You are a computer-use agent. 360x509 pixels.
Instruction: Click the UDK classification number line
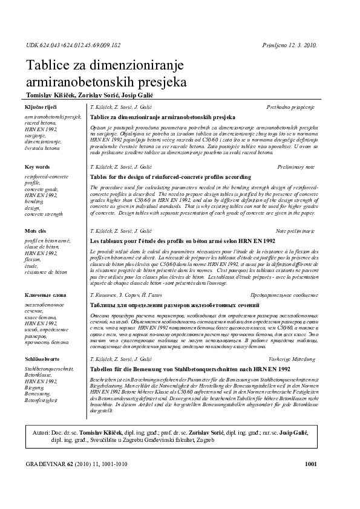(x=73, y=45)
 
